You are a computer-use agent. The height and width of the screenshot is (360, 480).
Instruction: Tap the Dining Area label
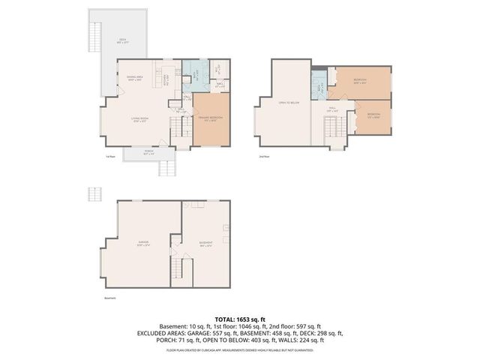coord(136,77)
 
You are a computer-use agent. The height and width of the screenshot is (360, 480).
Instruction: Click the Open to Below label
coord(289,102)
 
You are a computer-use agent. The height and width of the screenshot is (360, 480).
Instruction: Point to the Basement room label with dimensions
coord(205,243)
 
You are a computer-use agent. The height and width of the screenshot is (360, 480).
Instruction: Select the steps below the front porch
coord(166,166)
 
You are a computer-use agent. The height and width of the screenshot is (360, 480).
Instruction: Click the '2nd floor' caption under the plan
coord(262,157)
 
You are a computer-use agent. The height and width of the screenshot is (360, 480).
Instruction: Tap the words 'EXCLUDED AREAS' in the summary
coord(160,333)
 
